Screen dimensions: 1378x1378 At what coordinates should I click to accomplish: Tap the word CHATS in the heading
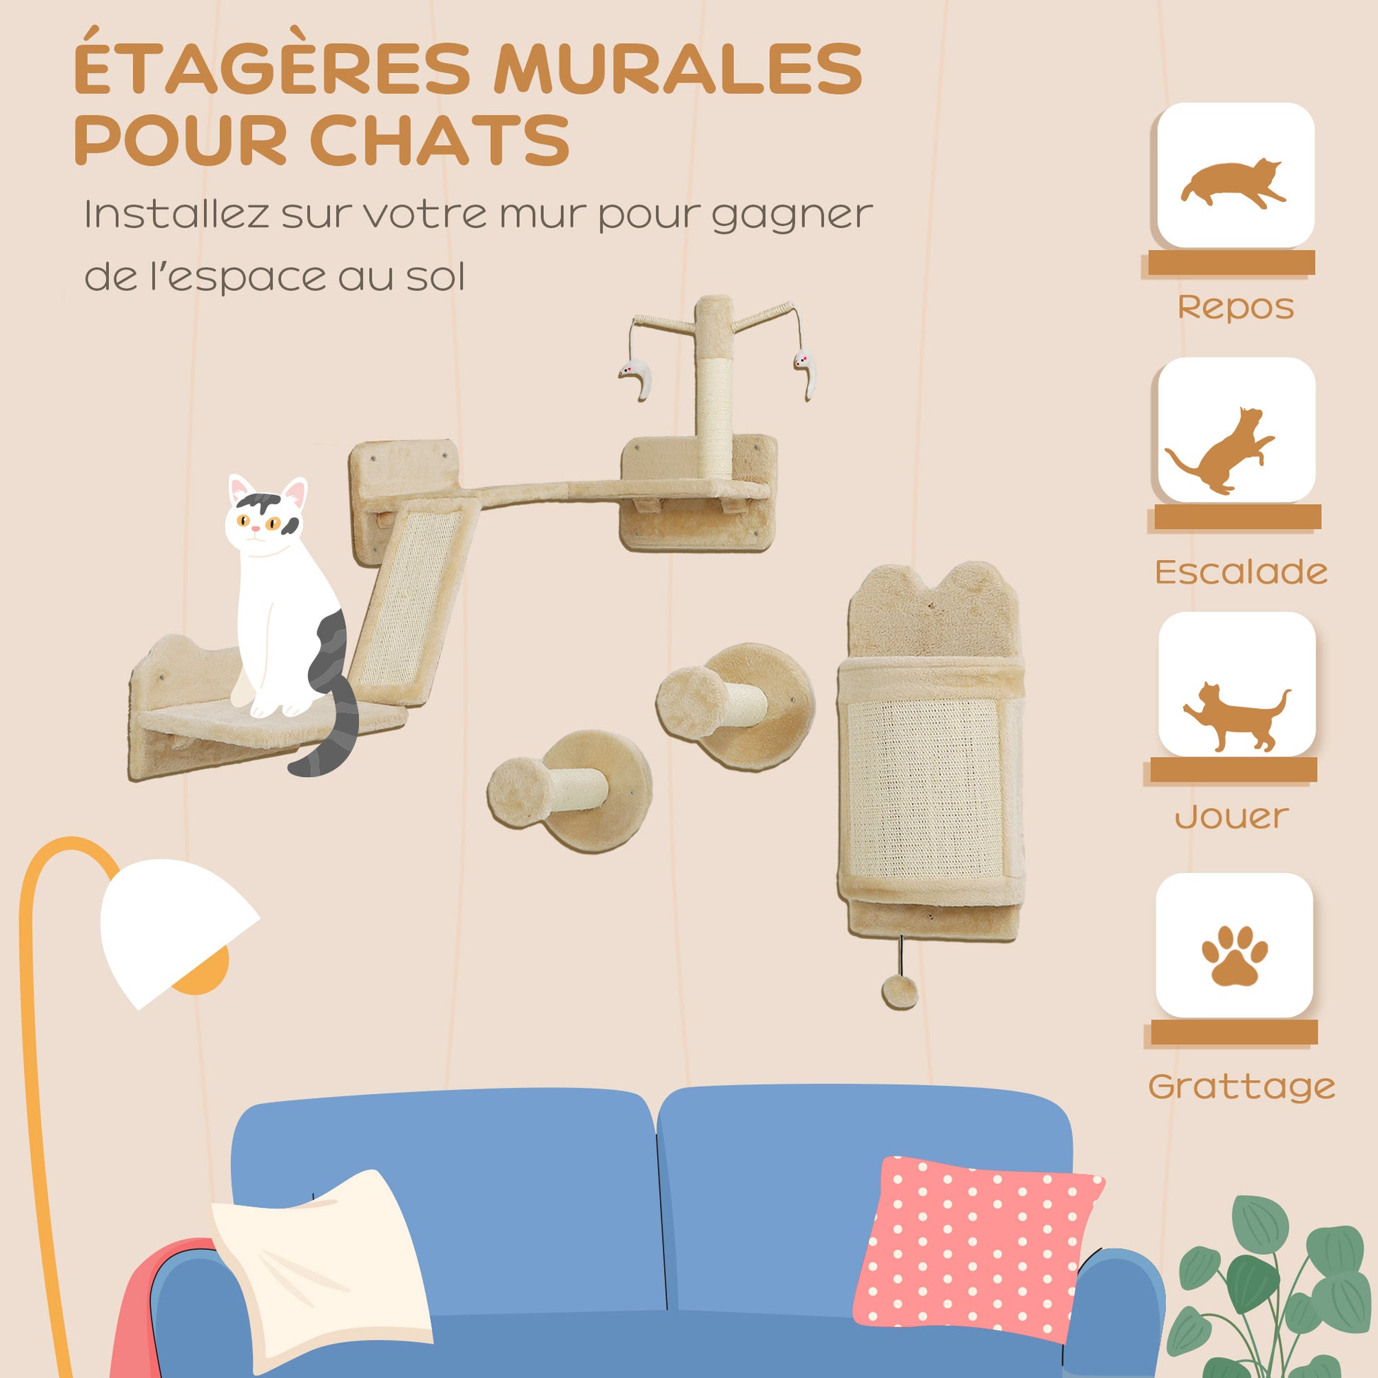[x=440, y=139]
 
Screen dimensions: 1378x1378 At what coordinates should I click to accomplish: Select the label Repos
[x=1236, y=307]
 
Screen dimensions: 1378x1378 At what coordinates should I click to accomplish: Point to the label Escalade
[x=1241, y=571]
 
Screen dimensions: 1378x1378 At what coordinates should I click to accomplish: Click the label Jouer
[x=1232, y=816]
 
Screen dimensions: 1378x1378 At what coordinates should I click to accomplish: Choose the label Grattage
[x=1241, y=1086]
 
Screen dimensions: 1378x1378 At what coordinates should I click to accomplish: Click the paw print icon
[x=1235, y=955]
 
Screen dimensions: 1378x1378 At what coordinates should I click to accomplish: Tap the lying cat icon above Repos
[x=1234, y=183]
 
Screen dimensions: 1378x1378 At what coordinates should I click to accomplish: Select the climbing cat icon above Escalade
[x=1220, y=451]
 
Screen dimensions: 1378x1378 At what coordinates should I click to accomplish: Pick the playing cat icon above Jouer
[x=1236, y=715]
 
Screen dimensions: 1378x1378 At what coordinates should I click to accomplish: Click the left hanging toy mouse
[x=635, y=378]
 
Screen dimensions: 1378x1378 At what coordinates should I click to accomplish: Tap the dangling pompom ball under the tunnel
[x=899, y=992]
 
